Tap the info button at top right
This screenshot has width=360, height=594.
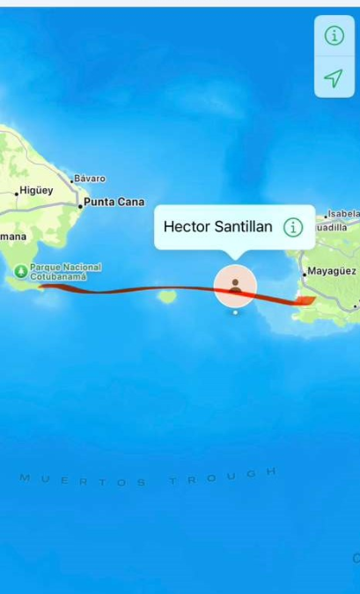tap(334, 36)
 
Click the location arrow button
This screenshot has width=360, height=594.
tap(334, 78)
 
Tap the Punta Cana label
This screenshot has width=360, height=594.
tap(114, 202)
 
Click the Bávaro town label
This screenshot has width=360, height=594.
tap(90, 179)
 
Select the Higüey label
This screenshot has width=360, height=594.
tap(37, 190)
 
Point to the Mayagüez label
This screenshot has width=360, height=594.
tap(332, 271)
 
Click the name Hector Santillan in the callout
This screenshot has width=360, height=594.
tap(217, 227)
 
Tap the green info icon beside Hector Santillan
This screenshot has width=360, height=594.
tap(293, 227)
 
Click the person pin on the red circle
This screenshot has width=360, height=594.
tap(235, 286)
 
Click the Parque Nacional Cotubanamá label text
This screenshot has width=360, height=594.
tap(65, 272)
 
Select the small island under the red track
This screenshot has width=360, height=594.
tap(165, 297)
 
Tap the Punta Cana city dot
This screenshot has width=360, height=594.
tap(80, 205)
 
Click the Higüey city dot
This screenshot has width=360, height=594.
tap(16, 193)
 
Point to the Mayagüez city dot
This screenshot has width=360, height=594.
tap(304, 274)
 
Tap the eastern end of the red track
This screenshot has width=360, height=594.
tap(310, 300)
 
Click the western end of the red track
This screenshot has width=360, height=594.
tap(40, 285)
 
